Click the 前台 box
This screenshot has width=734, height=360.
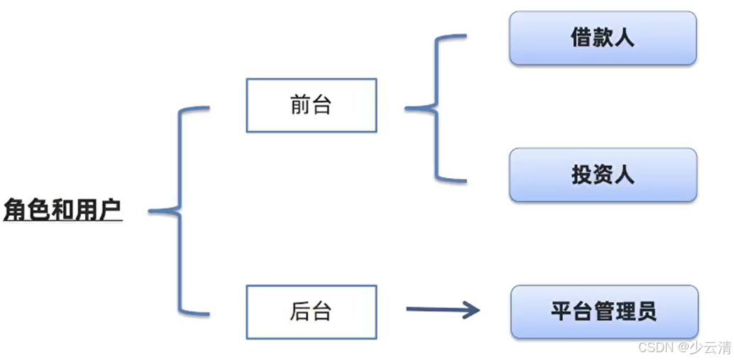tap(311, 105)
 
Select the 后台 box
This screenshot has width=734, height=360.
tap(311, 311)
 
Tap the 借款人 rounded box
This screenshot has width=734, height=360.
tap(603, 38)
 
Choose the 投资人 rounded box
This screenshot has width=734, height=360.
tap(603, 175)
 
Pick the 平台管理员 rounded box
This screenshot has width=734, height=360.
tap(604, 311)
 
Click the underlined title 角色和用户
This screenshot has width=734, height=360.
tap(62, 210)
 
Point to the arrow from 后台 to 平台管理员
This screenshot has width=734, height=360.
tap(440, 309)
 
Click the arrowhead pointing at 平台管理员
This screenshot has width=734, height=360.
tap(471, 309)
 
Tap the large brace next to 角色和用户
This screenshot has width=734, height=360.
tap(179, 211)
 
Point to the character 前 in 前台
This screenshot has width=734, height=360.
tap(301, 105)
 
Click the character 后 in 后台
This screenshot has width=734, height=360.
tap(301, 311)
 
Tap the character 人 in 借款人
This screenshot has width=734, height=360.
tap(625, 38)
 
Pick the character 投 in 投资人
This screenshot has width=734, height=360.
tap(582, 175)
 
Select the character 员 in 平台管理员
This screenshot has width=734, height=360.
tap(647, 311)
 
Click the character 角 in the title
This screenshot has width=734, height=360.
tap(15, 210)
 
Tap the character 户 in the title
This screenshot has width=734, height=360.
tap(110, 210)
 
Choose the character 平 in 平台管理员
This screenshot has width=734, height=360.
tap(561, 311)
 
